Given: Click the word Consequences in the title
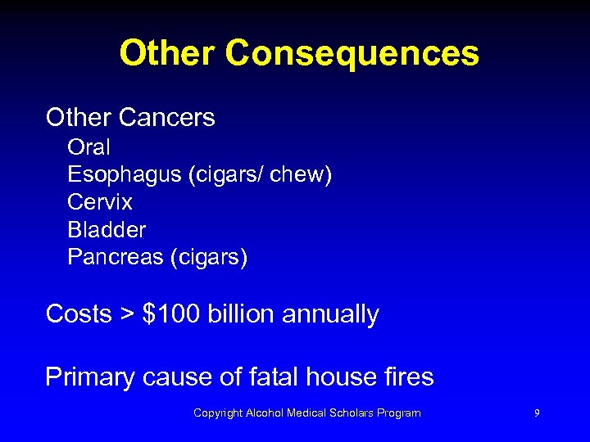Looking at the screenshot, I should pos(352,54).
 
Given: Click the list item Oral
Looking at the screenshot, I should pos(88,147).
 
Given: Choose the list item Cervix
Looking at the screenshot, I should pos(100,202).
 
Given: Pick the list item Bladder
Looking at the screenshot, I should pos(107,230).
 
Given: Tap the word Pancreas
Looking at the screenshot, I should pos(116,258).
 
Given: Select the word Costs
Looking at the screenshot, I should pos(79,314).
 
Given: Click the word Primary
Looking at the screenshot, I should pos(90,377).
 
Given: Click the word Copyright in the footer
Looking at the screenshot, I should pos(218,413).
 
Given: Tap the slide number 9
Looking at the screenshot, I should pos(537,413).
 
